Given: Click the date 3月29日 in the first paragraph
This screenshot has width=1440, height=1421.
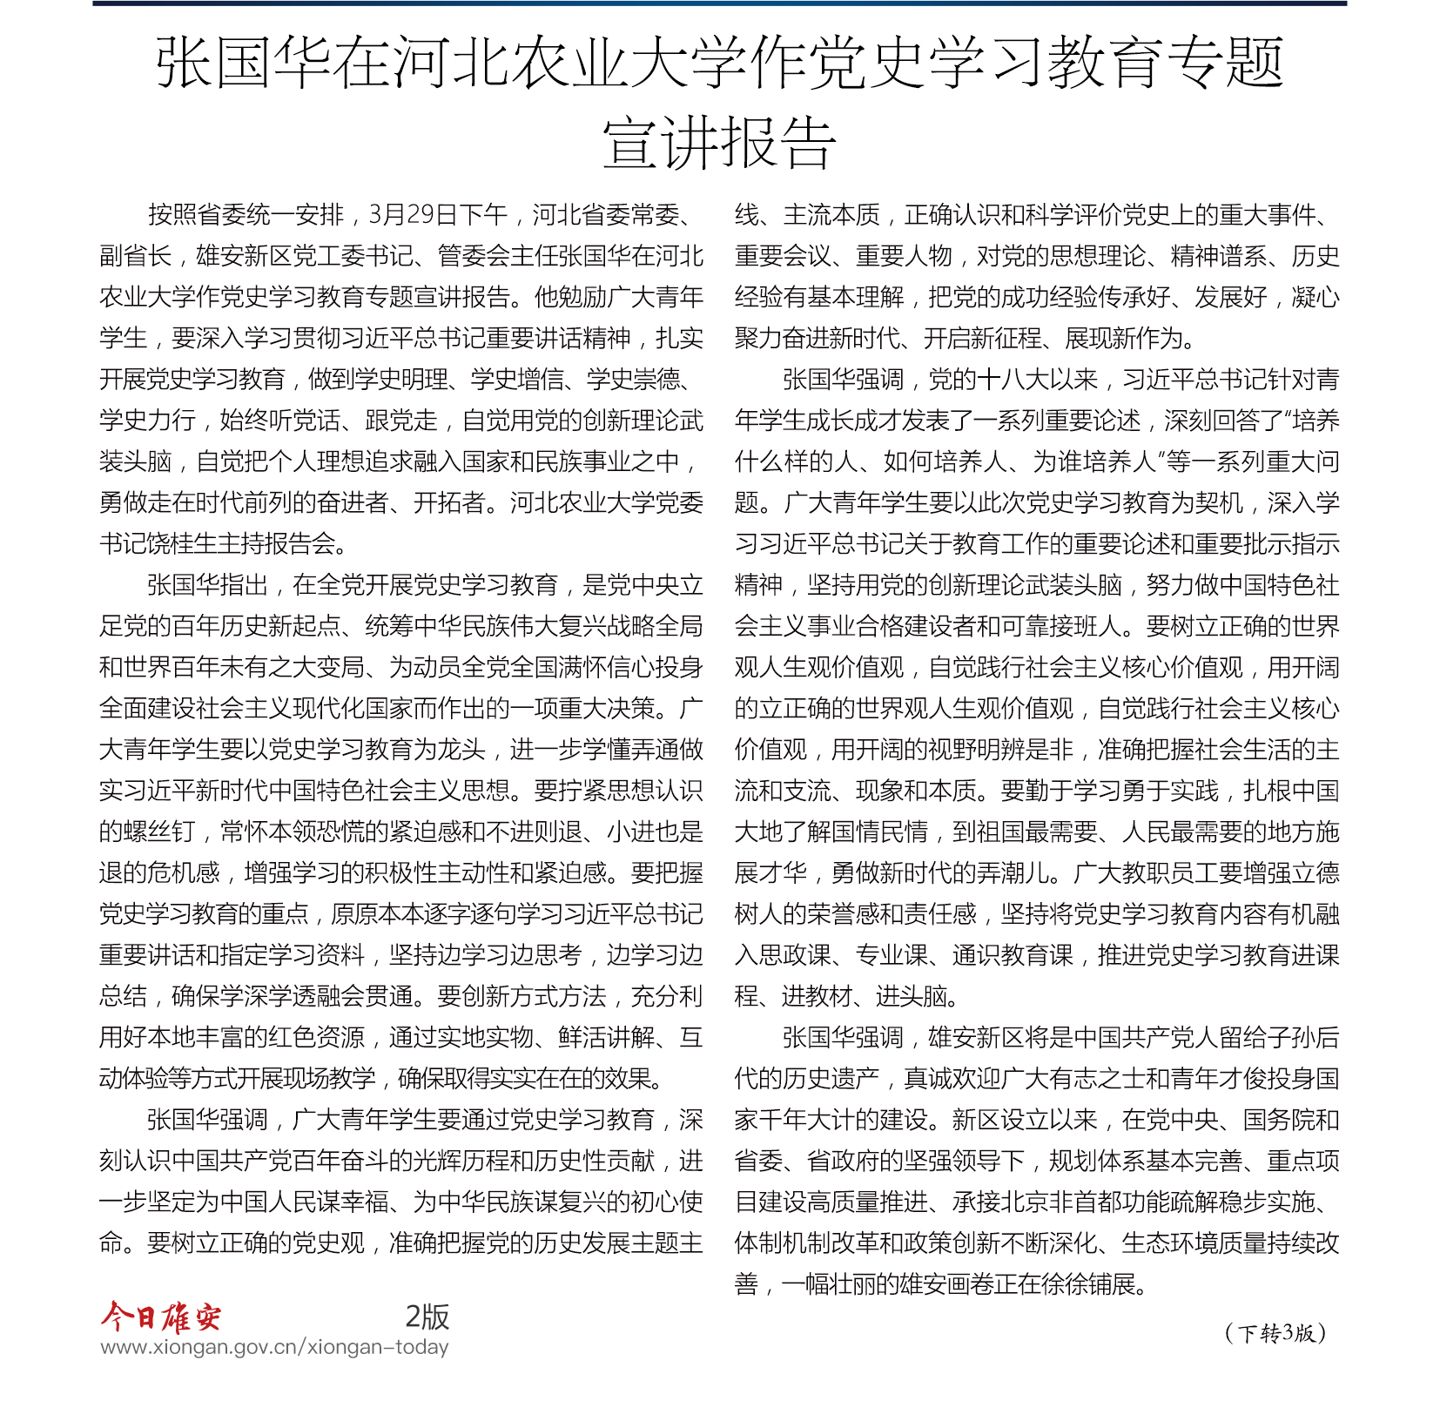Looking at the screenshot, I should [x=414, y=215].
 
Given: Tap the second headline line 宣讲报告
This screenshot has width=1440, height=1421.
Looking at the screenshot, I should [x=719, y=144].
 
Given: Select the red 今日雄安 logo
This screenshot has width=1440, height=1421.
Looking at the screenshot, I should [x=161, y=1317].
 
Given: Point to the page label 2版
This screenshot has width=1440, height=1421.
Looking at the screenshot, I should [x=427, y=1317].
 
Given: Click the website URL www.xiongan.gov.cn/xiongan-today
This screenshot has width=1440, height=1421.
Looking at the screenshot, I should [x=274, y=1347].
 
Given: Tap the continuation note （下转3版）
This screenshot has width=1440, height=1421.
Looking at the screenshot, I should [x=1275, y=1333].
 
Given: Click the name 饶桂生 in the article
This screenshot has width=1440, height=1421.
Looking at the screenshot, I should [x=184, y=544].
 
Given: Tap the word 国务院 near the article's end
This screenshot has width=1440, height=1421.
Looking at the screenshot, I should [x=1278, y=1120].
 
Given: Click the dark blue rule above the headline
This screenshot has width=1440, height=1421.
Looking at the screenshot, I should [x=719, y=3].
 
